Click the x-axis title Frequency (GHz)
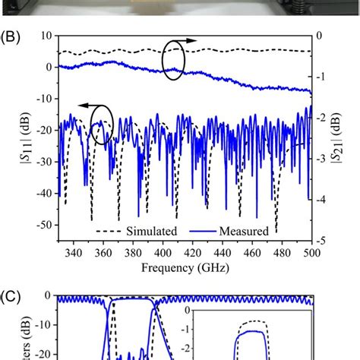[185, 268]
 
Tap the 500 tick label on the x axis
[311, 252]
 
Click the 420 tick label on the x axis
[193, 252]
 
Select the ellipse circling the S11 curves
[101, 125]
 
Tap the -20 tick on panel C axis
[43, 354]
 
